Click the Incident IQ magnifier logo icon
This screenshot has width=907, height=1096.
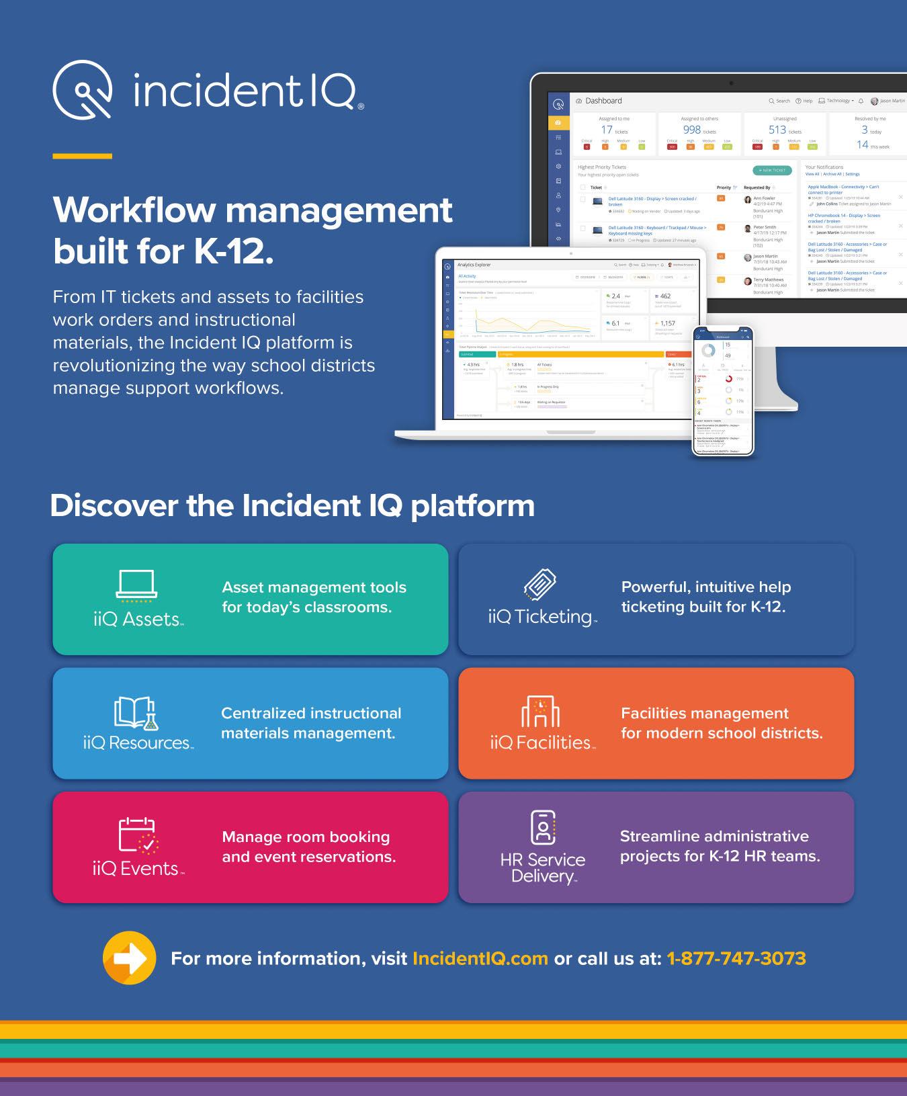coord(82,89)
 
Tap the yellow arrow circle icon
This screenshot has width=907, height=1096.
coord(129,958)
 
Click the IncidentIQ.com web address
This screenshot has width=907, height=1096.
coord(480,958)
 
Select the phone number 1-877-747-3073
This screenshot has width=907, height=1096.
coord(736,958)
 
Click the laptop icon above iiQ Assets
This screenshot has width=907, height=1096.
coord(136,584)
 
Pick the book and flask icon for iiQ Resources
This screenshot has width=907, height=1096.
coord(136,712)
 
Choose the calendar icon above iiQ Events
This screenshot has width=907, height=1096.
coord(137,835)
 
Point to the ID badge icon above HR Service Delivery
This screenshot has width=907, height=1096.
coord(543,827)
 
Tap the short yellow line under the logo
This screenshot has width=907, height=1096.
coord(82,156)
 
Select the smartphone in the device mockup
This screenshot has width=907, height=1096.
coord(723,390)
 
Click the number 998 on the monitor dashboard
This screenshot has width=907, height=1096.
coord(691,130)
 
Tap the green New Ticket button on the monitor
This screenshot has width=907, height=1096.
coord(772,171)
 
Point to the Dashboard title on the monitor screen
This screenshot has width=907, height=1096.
coord(603,101)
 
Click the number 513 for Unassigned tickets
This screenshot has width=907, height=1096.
coord(777,130)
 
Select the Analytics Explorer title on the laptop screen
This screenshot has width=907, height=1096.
coord(474,265)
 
